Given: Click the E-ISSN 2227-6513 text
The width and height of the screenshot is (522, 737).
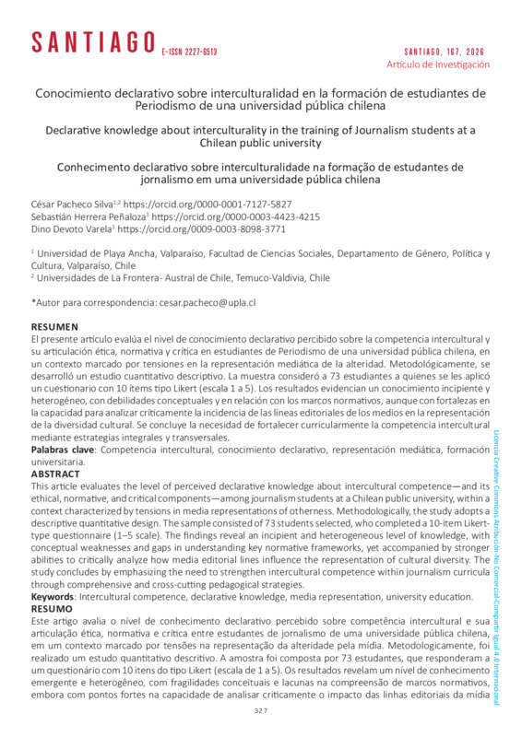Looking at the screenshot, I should click(x=189, y=52).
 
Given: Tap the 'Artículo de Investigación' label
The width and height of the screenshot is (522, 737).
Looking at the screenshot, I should click(x=437, y=64).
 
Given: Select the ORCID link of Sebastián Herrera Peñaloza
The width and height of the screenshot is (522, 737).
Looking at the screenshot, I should click(x=248, y=216).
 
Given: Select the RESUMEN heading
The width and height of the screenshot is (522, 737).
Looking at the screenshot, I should click(x=56, y=327).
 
